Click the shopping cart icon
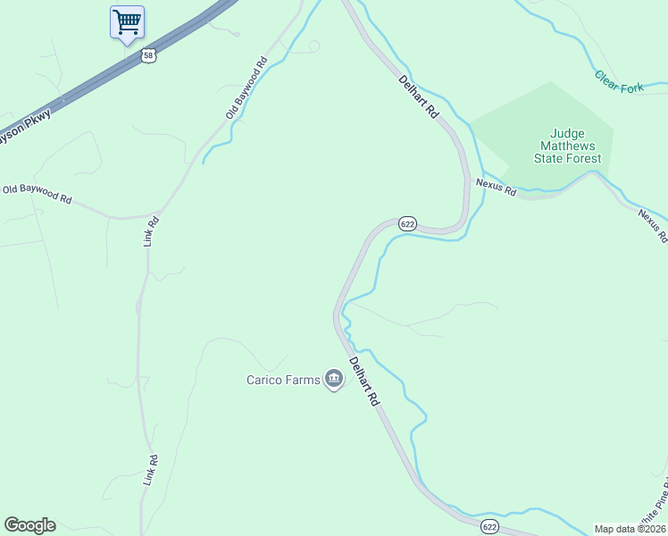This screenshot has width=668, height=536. [127, 21]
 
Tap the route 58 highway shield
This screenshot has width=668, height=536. [149, 55]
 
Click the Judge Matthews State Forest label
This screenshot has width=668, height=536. [567, 145]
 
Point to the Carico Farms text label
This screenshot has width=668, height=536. [283, 380]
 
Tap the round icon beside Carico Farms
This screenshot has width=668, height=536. [334, 380]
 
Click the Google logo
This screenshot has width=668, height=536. [29, 525]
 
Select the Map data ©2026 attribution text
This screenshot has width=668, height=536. [630, 528]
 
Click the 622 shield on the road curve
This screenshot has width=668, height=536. [407, 224]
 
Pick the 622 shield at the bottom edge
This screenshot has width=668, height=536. [488, 526]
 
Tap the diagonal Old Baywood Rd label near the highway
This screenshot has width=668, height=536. [246, 88]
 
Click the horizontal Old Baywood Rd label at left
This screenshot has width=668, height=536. [37, 193]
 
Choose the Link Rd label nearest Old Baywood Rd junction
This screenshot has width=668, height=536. [152, 230]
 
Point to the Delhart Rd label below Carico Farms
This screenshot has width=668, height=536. [364, 383]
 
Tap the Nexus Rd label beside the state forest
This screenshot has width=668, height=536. [496, 187]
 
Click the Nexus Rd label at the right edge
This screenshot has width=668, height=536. [653, 225]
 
